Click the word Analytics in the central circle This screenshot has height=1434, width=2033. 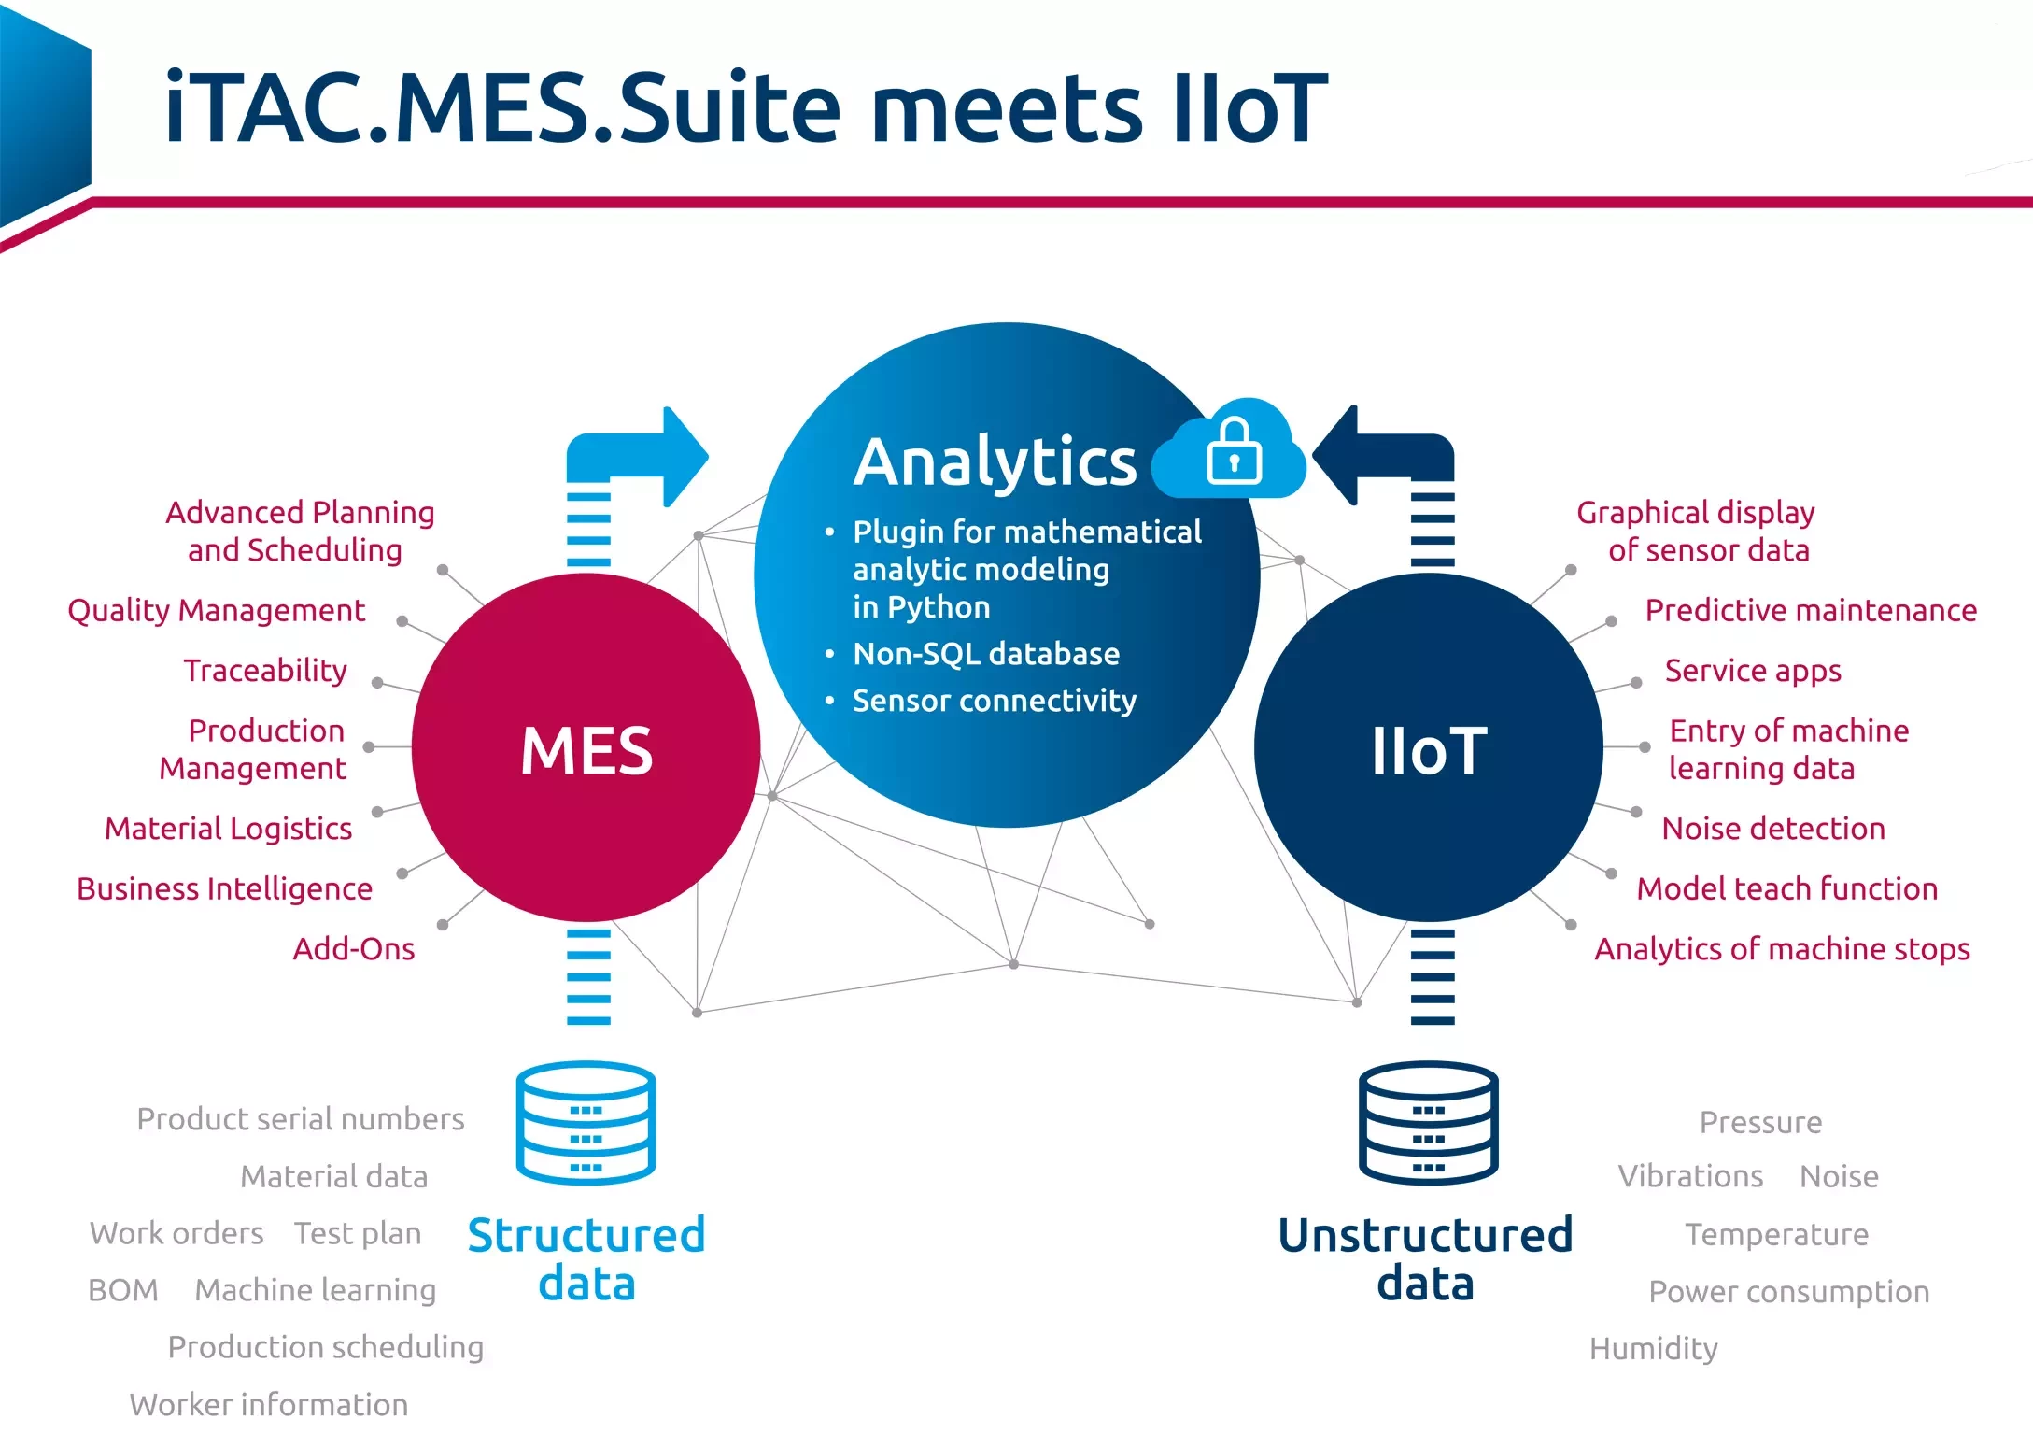(995, 462)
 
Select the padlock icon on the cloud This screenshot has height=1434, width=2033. (1234, 452)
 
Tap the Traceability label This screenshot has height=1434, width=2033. (265, 671)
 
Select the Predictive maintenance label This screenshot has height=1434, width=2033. (1811, 610)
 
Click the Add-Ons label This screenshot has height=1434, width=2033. (354, 949)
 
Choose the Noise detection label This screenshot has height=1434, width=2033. (1773, 829)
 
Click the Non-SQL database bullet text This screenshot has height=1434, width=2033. (986, 654)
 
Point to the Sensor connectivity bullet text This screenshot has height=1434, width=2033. (995, 701)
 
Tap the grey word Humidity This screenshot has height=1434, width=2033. (1653, 1348)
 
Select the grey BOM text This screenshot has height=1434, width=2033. (123, 1290)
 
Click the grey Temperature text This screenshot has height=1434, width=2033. (1776, 1234)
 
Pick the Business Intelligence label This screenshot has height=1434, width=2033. (224, 888)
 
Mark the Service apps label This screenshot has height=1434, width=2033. (1753, 671)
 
